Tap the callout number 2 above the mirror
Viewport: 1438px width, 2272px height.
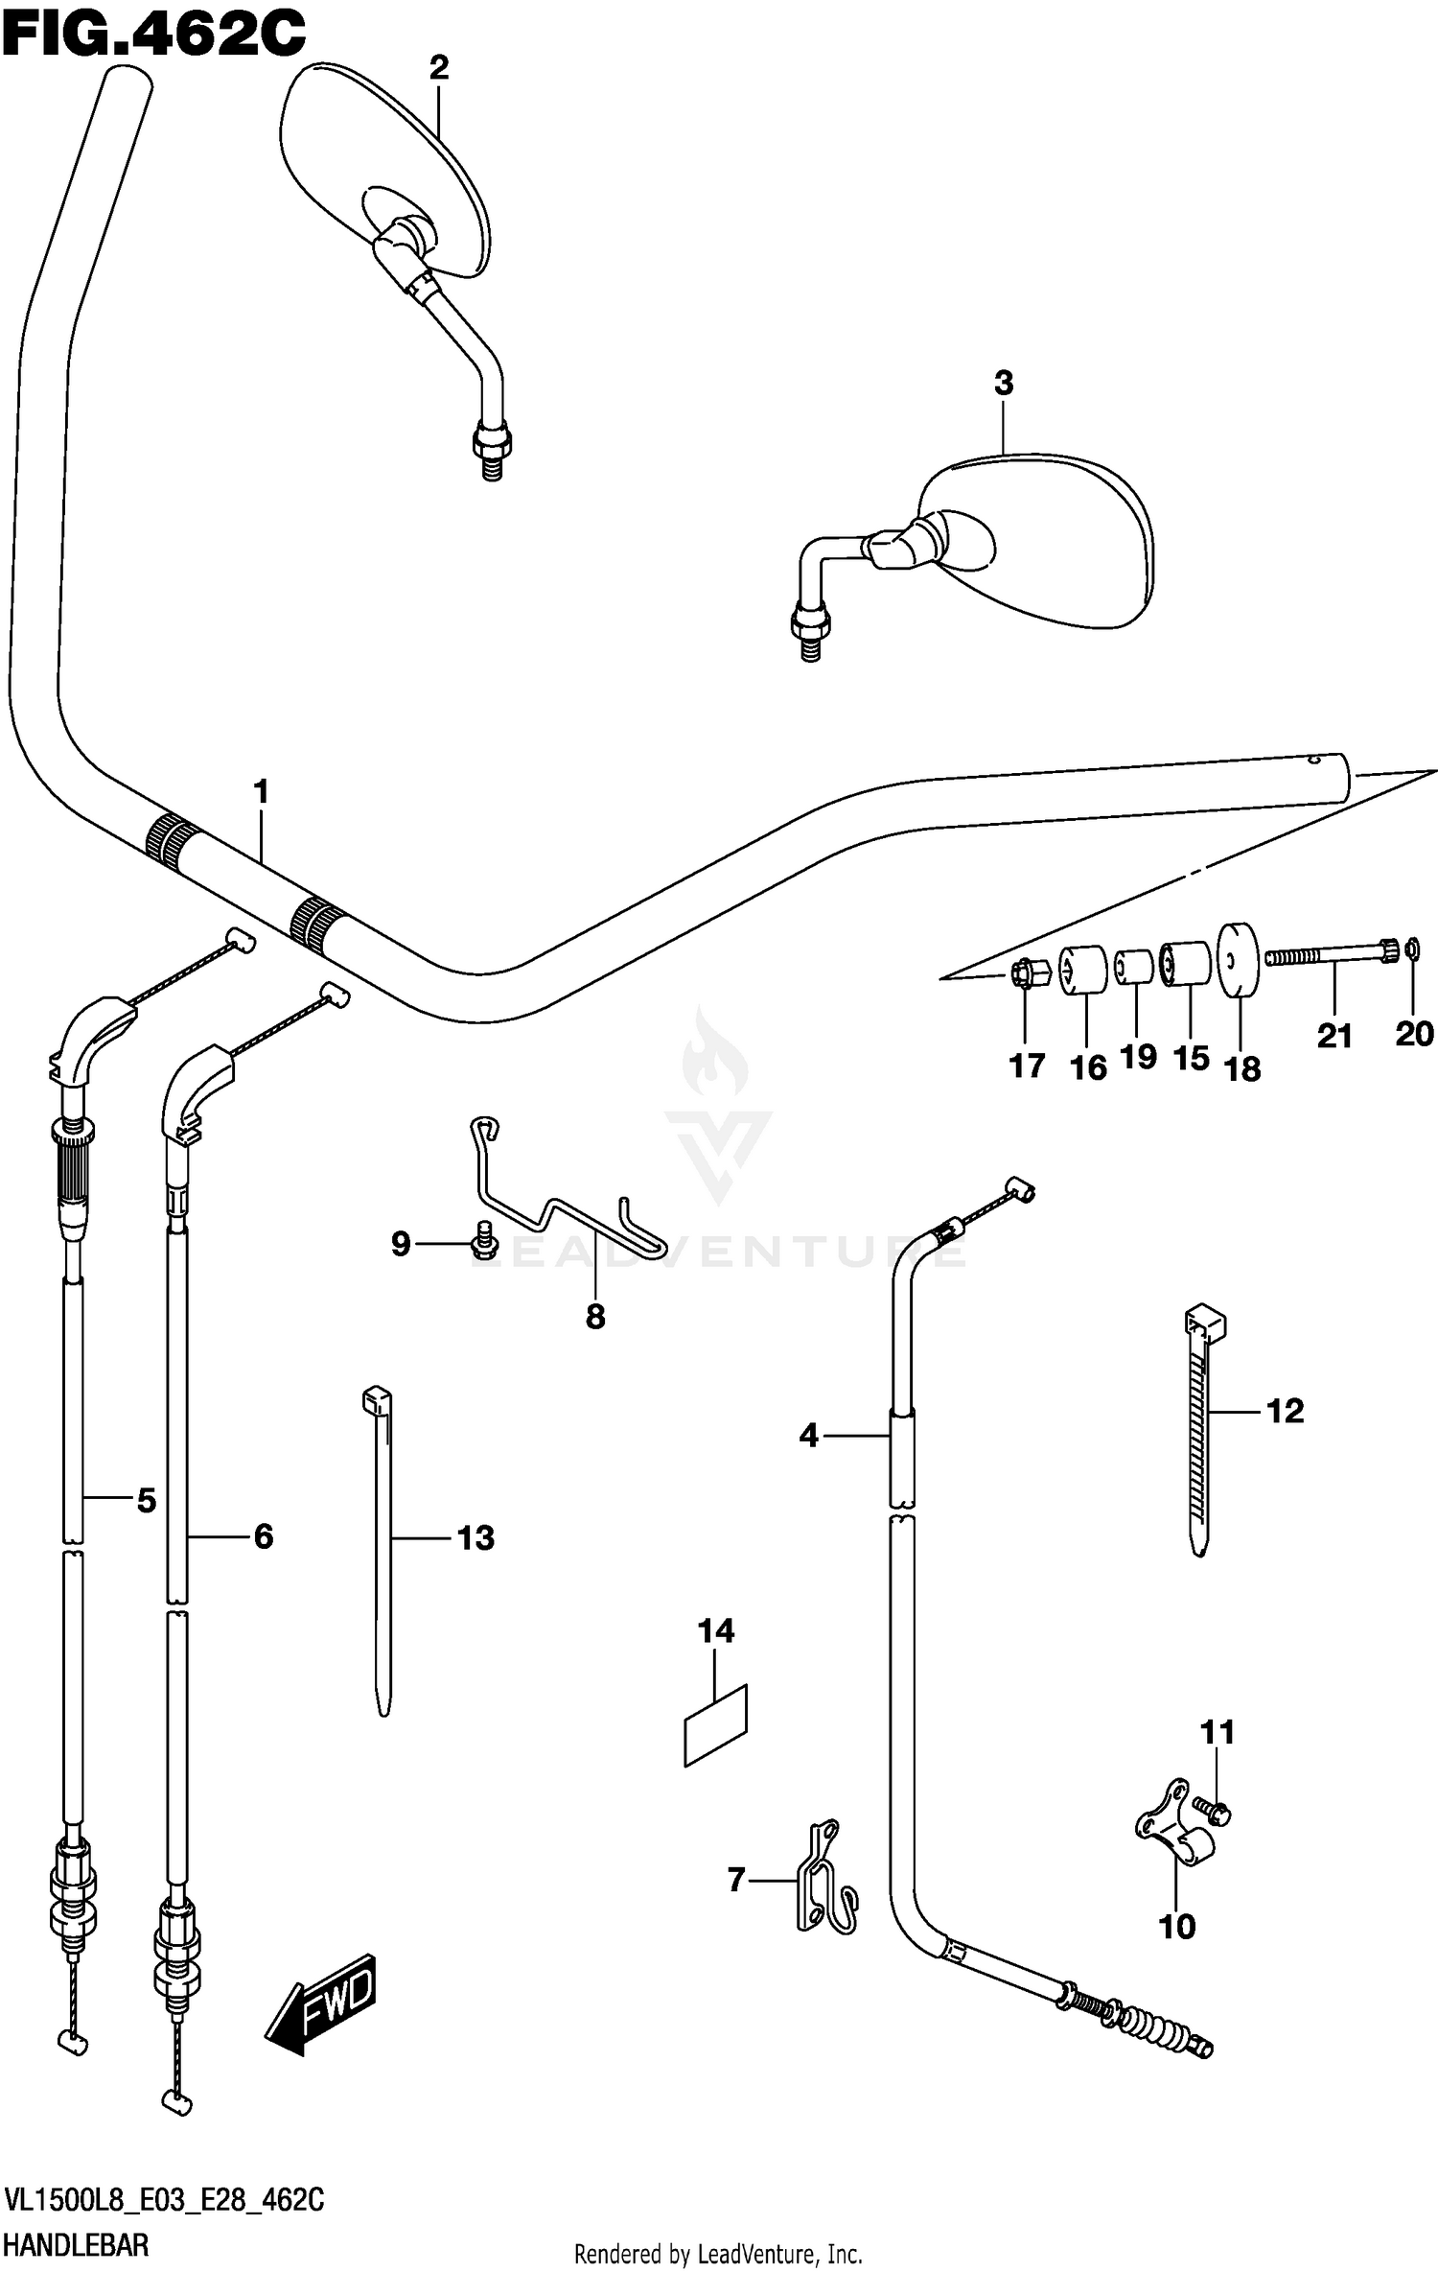coord(438,68)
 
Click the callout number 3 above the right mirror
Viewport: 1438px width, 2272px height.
coord(1003,384)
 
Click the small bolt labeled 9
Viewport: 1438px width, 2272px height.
coord(485,1239)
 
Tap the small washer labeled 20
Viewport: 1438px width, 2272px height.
coord(1412,950)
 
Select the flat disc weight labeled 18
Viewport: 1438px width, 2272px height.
coord(1239,960)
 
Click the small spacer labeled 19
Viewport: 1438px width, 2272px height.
coord(1135,967)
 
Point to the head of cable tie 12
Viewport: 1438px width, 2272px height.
coord(1205,1324)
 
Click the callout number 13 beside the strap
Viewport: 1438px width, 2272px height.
coord(475,1538)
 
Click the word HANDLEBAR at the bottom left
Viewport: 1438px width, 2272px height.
coord(77,2245)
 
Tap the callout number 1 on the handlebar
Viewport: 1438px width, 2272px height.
coord(260,792)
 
